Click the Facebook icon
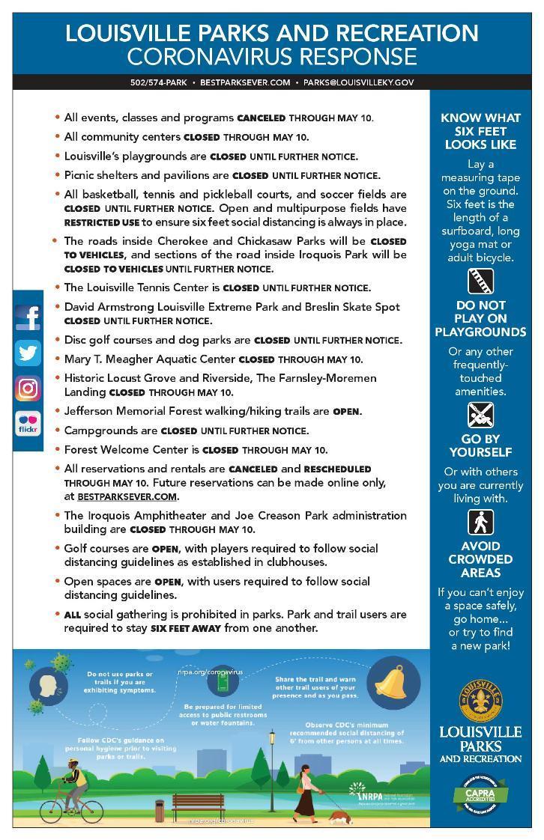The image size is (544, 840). tap(28, 317)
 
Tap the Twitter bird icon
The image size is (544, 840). tap(28, 353)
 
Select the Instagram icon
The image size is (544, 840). tap(28, 388)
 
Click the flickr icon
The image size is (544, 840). tap(28, 423)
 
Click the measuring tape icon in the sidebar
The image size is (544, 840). tap(480, 281)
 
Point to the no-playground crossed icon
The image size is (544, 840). tap(480, 414)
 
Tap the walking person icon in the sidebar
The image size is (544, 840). tap(480, 521)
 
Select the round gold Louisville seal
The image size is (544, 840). tap(480, 701)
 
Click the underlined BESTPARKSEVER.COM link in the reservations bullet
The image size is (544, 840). tap(127, 496)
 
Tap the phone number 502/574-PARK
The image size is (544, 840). tap(158, 82)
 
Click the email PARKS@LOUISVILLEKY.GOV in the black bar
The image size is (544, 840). tap(358, 82)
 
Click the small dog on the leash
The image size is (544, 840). tap(337, 818)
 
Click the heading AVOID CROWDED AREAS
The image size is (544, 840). tap(480, 559)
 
